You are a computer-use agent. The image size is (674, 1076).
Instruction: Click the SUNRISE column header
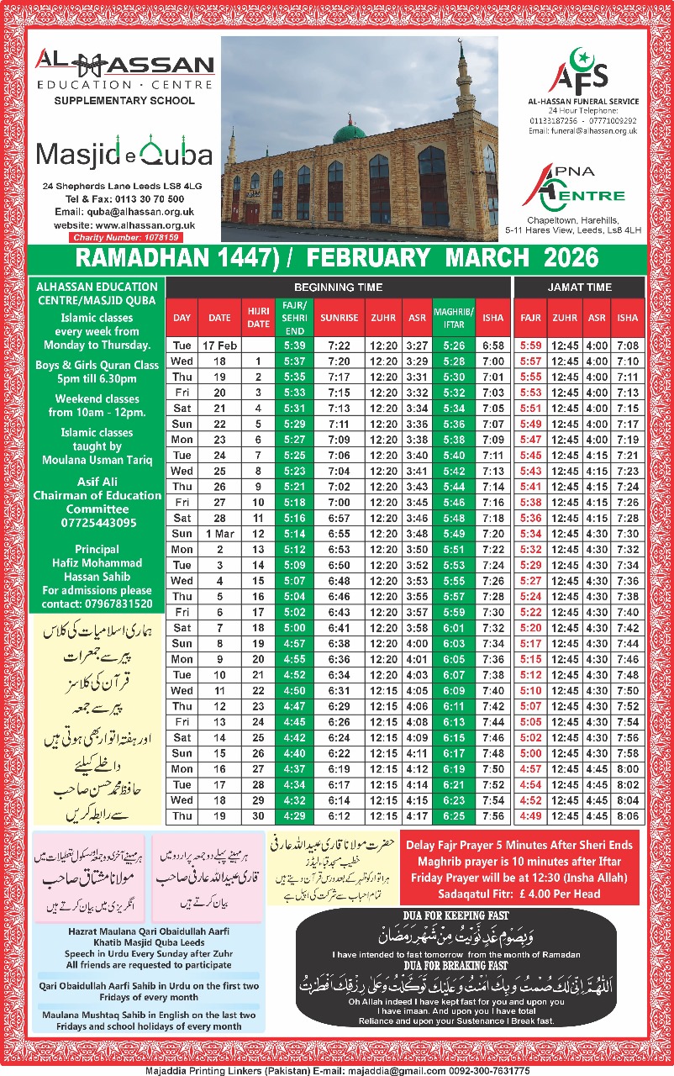[339, 318]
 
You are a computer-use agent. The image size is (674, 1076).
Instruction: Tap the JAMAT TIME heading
[579, 287]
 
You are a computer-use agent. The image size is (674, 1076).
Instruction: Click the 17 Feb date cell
[219, 345]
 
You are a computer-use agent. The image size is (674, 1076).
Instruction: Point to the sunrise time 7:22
[339, 345]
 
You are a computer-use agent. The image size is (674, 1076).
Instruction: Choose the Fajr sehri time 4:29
[294, 816]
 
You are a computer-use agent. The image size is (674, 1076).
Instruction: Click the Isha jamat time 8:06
[627, 816]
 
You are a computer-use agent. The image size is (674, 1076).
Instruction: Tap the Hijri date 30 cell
[257, 816]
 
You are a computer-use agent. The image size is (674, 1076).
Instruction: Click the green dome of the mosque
[349, 133]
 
